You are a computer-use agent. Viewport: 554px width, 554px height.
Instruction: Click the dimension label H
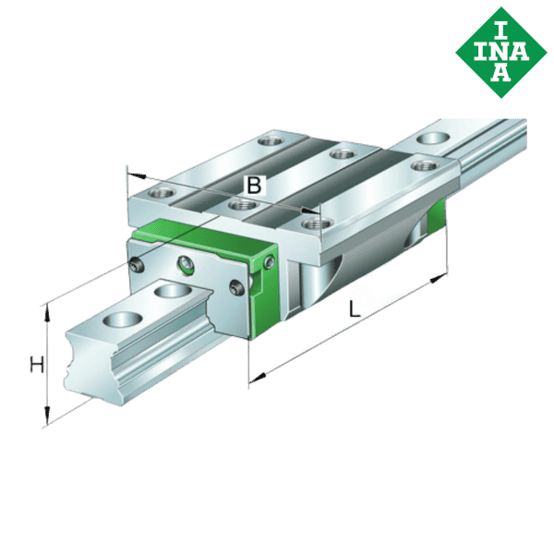pyautogui.click(x=35, y=364)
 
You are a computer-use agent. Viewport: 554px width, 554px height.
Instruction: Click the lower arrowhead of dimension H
pyautogui.click(x=46, y=420)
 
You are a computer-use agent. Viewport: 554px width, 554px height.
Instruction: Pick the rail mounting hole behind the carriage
pyautogui.click(x=428, y=138)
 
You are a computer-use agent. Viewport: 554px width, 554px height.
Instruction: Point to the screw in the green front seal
pyautogui.click(x=268, y=265)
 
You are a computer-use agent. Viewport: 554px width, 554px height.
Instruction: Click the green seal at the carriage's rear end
pyautogui.click(x=437, y=221)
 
